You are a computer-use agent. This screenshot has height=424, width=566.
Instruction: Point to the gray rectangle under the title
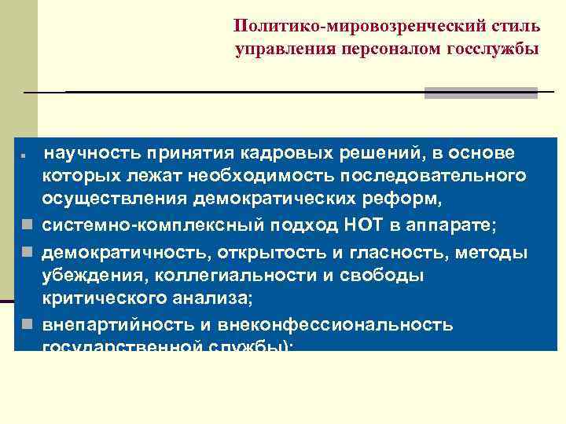[x=480, y=93]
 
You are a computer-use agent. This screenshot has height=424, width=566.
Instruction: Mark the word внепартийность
[x=107, y=324]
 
